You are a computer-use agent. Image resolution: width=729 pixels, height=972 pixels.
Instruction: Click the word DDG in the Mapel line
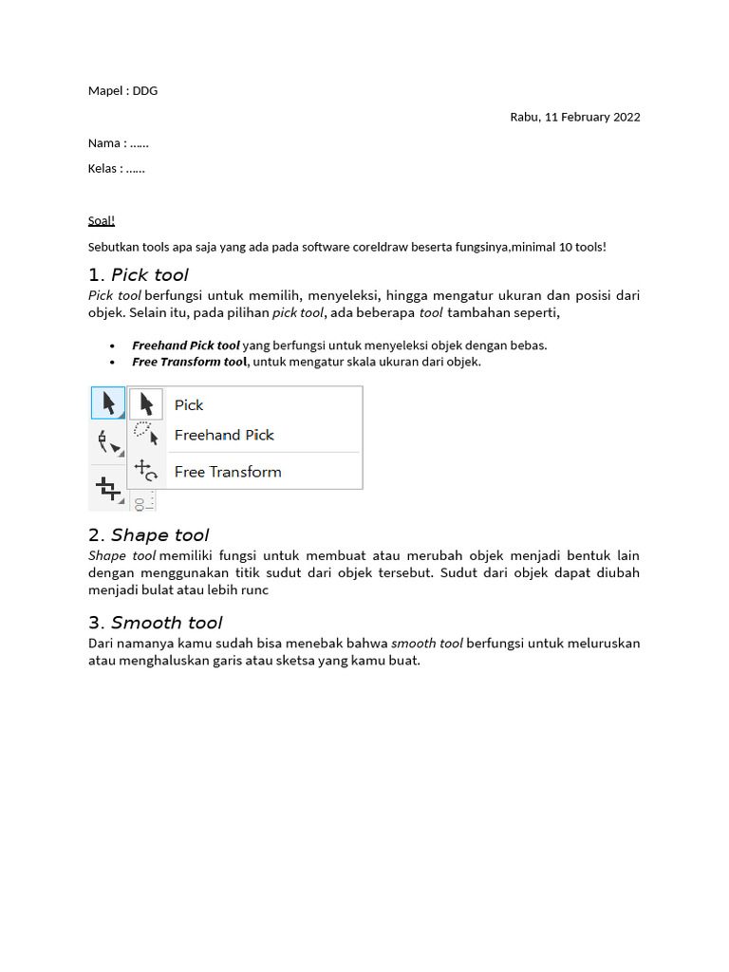coord(145,91)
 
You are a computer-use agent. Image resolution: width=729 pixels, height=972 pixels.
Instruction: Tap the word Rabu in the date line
coord(525,118)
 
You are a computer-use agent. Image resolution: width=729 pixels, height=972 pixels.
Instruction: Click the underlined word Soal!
coord(102,221)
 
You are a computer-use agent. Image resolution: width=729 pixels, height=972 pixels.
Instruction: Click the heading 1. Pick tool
coord(139,275)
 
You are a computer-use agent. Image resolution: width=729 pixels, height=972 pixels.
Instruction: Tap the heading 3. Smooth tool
coord(155,623)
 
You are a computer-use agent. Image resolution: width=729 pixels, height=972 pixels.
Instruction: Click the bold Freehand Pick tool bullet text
coord(186,346)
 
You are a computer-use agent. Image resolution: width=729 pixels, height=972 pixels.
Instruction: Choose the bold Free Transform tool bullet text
coord(190,362)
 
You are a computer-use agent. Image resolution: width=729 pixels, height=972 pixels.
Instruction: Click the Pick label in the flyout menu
coord(189,405)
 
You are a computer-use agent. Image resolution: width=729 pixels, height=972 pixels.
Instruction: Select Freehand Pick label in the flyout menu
coord(224,436)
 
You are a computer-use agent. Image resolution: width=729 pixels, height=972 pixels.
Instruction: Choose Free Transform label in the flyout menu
coord(228,472)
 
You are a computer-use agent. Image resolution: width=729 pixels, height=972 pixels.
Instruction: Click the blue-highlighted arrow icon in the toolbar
coord(108,403)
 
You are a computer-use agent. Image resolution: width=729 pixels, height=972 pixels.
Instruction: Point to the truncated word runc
coord(253,590)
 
